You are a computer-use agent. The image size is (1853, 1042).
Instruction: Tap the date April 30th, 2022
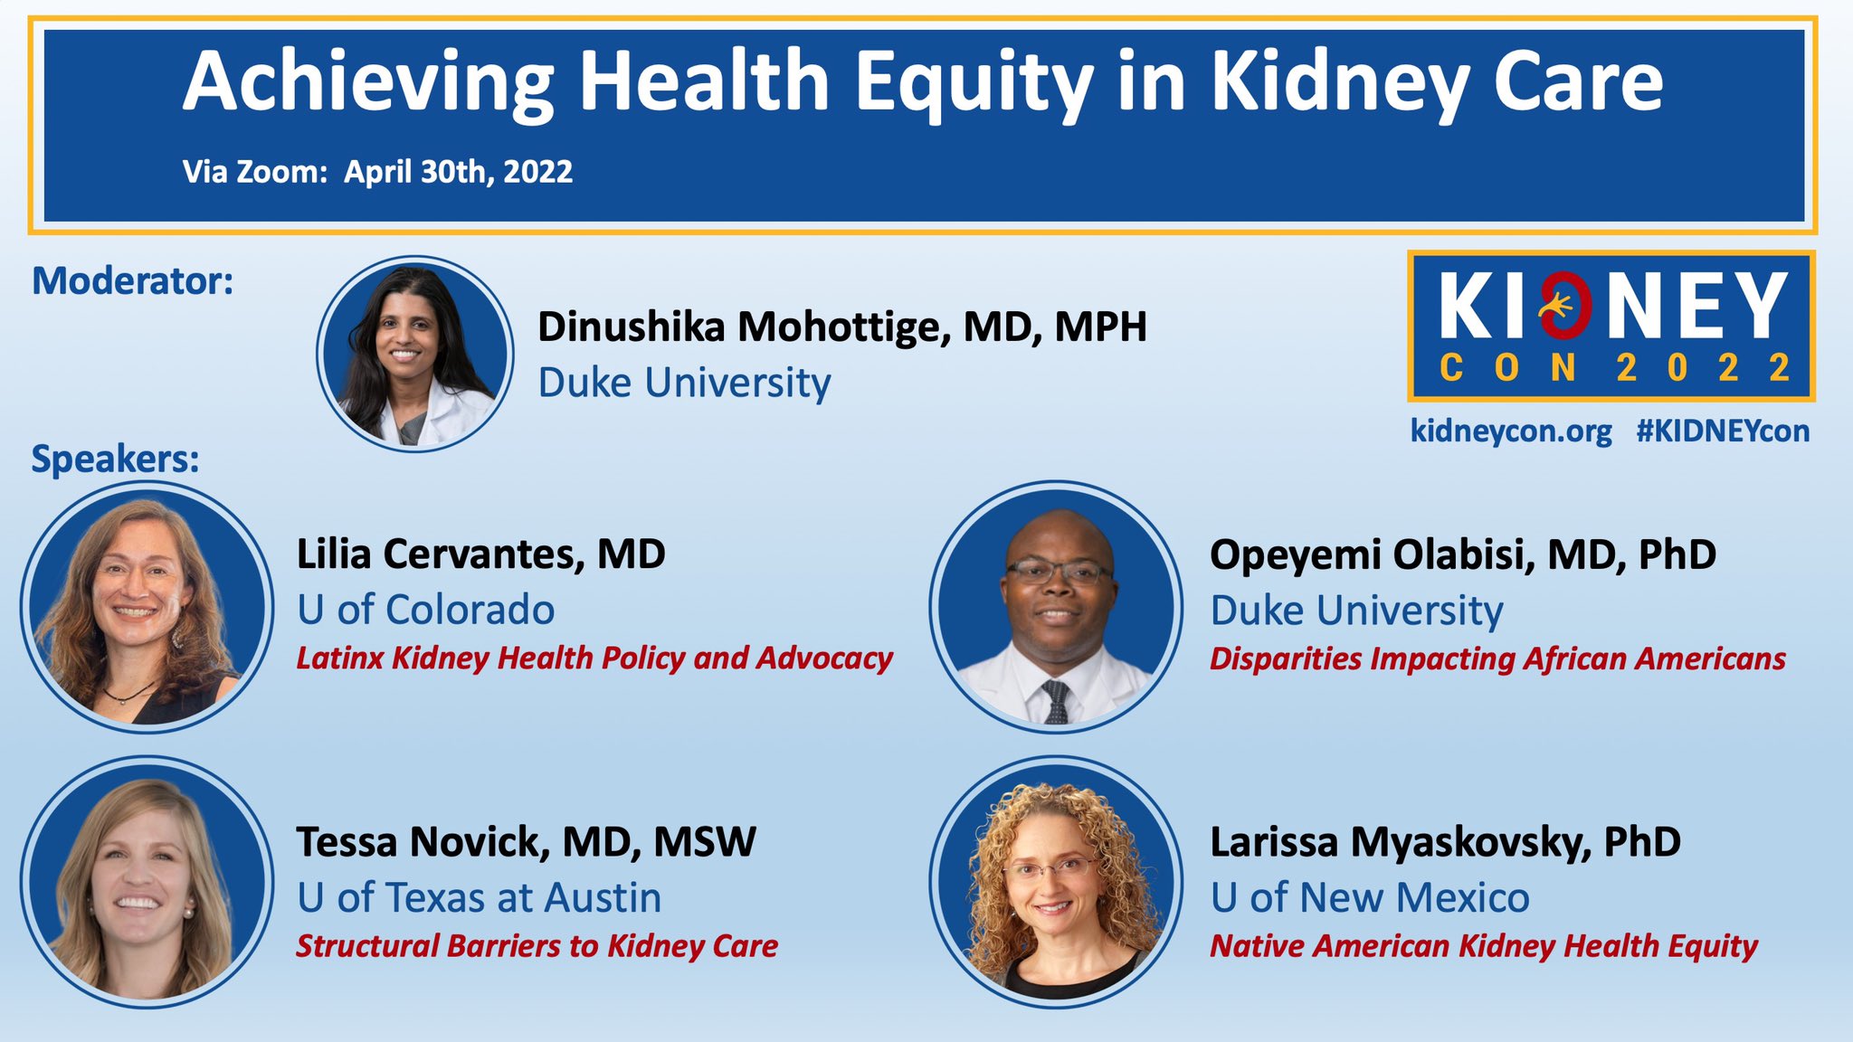(458, 172)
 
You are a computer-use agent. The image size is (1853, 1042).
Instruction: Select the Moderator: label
(133, 280)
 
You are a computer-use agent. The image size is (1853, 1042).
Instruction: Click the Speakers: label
(116, 459)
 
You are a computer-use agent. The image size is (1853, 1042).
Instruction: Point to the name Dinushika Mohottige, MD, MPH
(842, 327)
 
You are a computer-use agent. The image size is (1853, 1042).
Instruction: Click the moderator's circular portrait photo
(415, 354)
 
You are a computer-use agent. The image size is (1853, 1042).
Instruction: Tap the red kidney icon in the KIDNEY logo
(1568, 306)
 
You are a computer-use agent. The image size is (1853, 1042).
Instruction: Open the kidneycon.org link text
(1511, 431)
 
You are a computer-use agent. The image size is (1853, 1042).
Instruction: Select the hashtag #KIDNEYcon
(1723, 431)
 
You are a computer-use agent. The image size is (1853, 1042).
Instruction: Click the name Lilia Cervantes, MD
(481, 554)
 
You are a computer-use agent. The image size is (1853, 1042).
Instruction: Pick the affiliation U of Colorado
(425, 610)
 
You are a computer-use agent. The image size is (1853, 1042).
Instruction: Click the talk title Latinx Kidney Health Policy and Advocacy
(594, 658)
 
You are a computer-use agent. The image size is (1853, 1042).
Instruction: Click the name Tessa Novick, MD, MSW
(526, 842)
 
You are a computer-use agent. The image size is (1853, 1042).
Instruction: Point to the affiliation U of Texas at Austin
(479, 898)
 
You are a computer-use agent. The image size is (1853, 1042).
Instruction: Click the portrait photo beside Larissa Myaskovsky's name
(1056, 882)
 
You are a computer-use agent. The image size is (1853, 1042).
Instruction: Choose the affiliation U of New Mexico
(1370, 898)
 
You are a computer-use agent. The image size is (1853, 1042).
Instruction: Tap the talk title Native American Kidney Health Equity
(1484, 946)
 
